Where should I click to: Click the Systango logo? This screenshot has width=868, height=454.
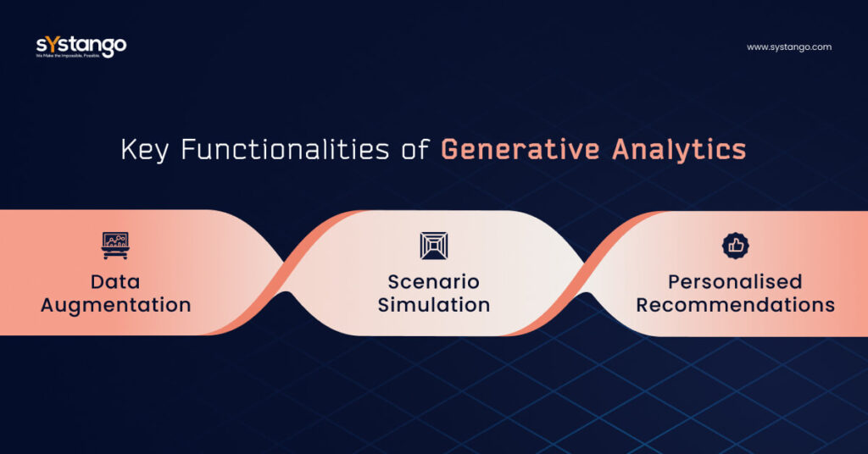click(x=81, y=47)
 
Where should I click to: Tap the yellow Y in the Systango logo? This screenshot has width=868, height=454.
click(x=50, y=44)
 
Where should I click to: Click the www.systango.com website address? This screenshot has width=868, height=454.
click(x=789, y=47)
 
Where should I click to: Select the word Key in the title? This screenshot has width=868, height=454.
click(x=144, y=150)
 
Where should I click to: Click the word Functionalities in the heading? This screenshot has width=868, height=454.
click(x=285, y=150)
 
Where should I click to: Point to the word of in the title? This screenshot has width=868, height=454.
click(x=415, y=151)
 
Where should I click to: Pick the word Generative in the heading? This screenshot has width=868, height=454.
click(x=520, y=150)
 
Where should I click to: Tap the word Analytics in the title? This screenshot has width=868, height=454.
click(x=679, y=151)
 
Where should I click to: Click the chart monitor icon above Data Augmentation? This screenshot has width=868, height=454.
click(x=115, y=246)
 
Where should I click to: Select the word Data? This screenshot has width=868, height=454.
click(x=115, y=281)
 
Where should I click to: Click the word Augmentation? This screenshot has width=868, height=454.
click(x=115, y=305)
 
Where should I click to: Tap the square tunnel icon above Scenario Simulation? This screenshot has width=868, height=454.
click(x=433, y=246)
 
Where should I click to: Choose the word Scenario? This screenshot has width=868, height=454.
click(x=433, y=281)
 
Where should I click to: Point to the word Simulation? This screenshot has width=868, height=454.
click(x=433, y=305)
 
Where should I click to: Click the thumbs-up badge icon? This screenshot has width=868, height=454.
click(x=735, y=246)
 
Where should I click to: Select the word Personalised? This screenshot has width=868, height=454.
click(x=735, y=281)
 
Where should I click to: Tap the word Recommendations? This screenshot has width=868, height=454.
click(x=735, y=305)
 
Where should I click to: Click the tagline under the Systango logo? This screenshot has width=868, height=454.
click(x=68, y=57)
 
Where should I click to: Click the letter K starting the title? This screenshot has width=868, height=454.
click(x=129, y=150)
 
